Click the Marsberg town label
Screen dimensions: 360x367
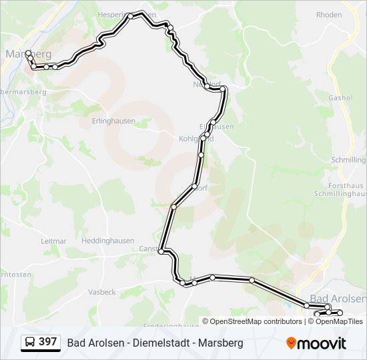pos(28,53)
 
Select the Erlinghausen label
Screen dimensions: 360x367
pos(113,121)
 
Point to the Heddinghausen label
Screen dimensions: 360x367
pos(107,241)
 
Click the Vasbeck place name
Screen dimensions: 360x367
pos(102,292)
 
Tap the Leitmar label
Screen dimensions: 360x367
pos(53,241)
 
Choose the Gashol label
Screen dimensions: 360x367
pos(340,97)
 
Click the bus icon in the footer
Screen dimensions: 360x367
pos(30,343)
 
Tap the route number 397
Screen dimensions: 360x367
pos(48,342)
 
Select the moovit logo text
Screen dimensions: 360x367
pos(322,343)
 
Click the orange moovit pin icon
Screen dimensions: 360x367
pos(292,343)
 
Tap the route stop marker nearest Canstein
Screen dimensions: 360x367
pos(161,251)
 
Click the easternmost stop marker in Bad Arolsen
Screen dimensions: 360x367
pos(340,313)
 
